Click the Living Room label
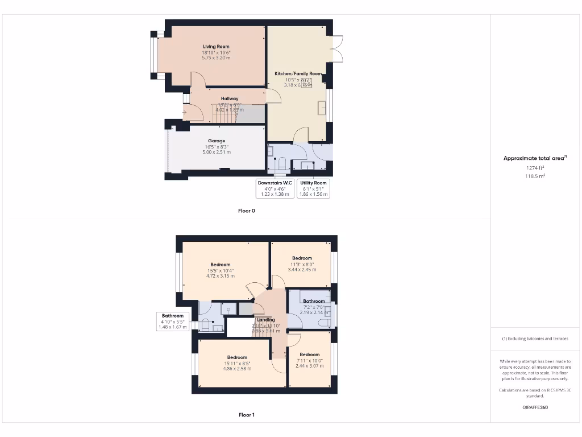click(x=216, y=47)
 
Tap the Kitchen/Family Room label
click(x=298, y=73)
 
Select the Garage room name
click(x=216, y=141)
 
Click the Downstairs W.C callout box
click(x=275, y=188)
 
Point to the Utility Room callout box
click(x=313, y=188)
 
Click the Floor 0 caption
click(x=247, y=211)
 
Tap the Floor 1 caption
click(x=247, y=415)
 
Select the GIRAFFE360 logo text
click(x=535, y=407)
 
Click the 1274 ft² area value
click(x=535, y=168)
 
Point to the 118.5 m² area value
click(x=535, y=176)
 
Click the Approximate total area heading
click(x=534, y=158)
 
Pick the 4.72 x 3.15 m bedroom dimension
click(x=220, y=276)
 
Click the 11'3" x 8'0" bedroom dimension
click(x=302, y=264)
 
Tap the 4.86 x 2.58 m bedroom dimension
click(x=237, y=369)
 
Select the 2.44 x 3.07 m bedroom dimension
click(x=310, y=366)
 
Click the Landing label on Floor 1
click(x=266, y=320)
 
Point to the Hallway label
click(x=230, y=98)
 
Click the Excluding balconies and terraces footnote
click(x=535, y=339)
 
